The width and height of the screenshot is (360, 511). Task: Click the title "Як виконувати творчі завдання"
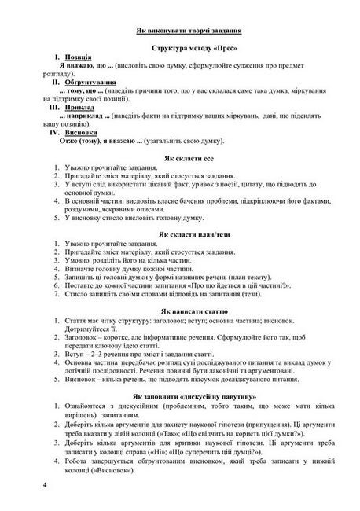(x=193, y=30)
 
